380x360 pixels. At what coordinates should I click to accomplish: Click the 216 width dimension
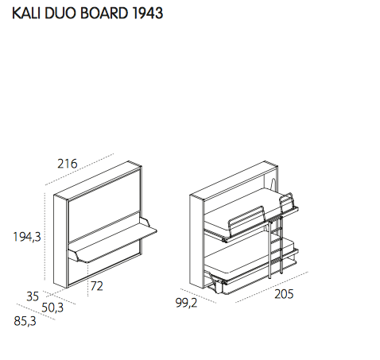67,165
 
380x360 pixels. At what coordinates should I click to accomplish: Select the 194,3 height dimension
26,236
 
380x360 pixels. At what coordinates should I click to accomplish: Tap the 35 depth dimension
32,296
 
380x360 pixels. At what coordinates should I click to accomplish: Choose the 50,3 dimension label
52,308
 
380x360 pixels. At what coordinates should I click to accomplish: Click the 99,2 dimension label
186,302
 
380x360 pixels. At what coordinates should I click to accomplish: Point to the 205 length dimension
285,295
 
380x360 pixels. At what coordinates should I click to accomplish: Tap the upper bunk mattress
238,206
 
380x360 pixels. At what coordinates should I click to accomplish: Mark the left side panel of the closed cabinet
59,238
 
